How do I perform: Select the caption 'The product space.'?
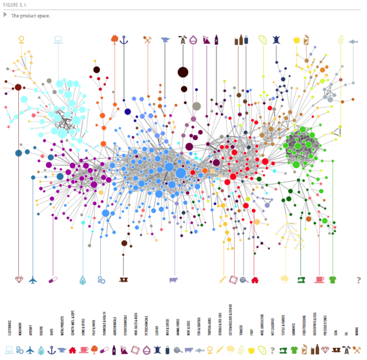[x=31, y=15]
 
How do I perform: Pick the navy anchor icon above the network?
[x=124, y=39]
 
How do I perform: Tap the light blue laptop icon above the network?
[x=58, y=39]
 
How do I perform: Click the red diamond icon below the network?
[x=19, y=280]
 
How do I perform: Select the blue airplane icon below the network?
[x=32, y=280]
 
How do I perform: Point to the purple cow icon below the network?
[x=174, y=280]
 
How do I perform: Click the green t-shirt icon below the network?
[x=333, y=280]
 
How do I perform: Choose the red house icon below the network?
[x=255, y=280]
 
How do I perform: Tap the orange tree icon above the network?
[x=114, y=39]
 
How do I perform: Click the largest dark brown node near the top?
[x=183, y=72]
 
